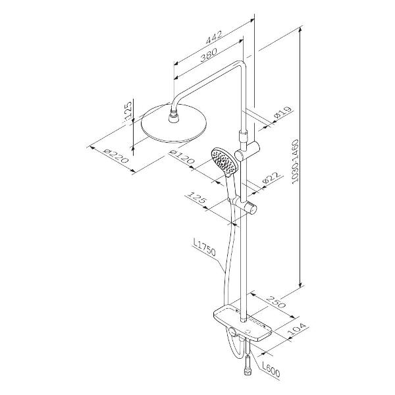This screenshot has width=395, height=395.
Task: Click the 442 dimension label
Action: (214, 38)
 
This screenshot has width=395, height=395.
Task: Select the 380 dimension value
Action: (209, 55)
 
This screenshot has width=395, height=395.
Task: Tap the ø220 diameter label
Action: (116, 156)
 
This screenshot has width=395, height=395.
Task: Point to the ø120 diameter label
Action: (182, 157)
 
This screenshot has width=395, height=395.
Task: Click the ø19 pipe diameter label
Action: (283, 113)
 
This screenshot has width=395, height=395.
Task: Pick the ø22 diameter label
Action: (271, 178)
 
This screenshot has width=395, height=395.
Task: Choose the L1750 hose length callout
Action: (204, 247)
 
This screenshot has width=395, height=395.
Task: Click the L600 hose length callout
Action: (271, 369)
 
